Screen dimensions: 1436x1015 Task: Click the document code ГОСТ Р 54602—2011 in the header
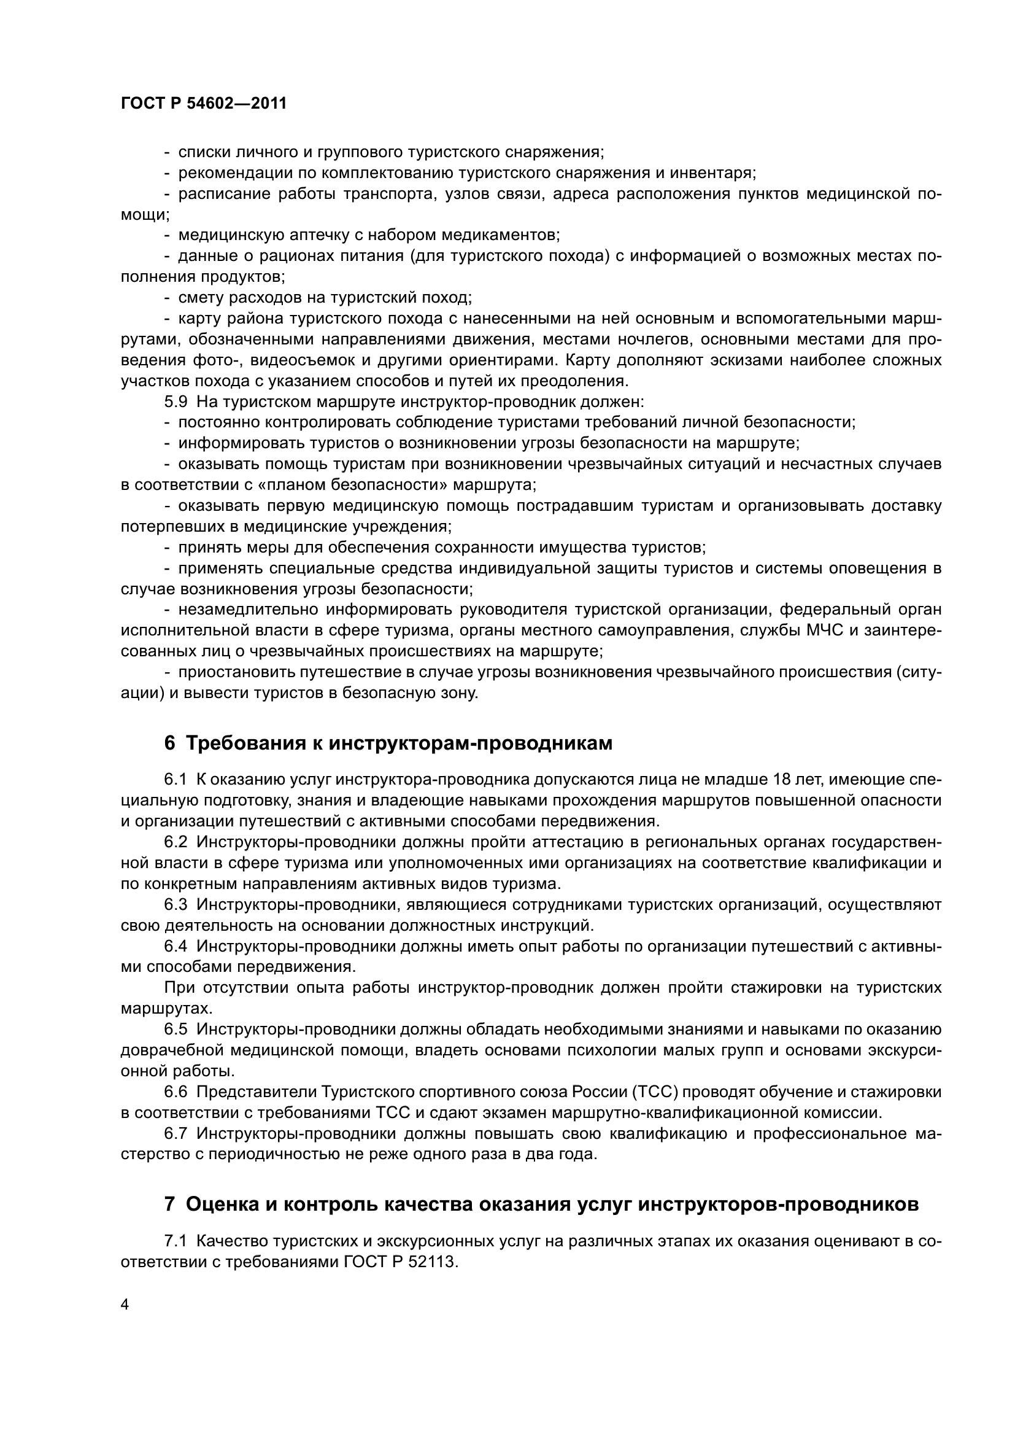[204, 104]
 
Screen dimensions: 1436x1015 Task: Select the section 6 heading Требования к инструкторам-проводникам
[388, 743]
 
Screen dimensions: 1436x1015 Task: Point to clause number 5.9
[175, 402]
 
